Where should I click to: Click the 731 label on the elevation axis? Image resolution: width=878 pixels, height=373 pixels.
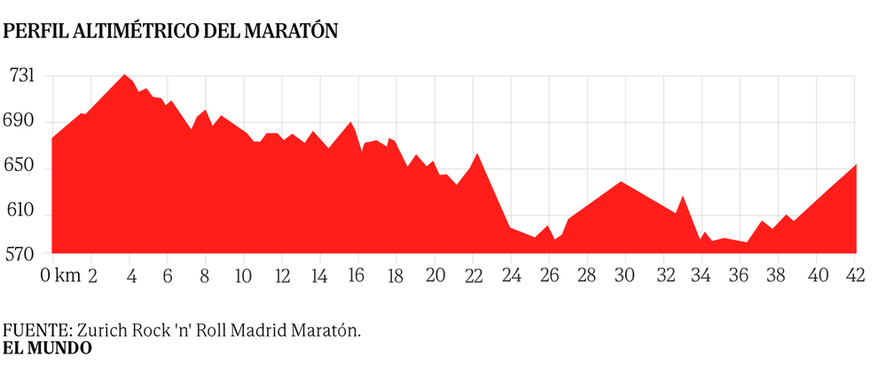tap(21, 76)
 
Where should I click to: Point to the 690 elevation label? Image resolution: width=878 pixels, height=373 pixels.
tap(21, 120)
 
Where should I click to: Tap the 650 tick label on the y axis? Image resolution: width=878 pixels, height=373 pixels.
tap(21, 167)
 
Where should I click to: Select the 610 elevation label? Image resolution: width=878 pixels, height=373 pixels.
tap(21, 213)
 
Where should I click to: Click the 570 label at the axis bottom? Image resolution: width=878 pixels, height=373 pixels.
tap(21, 253)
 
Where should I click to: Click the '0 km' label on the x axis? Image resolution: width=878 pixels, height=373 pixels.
tap(60, 276)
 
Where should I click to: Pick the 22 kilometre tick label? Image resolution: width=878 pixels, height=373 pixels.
tap(473, 276)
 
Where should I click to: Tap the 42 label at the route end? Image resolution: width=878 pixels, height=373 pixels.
tap(856, 276)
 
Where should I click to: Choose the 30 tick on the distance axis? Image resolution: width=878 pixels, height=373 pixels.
tap(625, 276)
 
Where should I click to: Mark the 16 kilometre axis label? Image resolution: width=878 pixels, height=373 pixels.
tap(357, 276)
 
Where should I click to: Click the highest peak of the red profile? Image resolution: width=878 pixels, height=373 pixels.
tap(125, 75)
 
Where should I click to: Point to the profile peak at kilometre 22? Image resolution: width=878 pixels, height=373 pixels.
tap(477, 155)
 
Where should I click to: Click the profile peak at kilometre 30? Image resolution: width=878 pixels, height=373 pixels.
tap(621, 183)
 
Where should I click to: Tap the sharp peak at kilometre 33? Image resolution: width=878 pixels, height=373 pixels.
tap(682, 197)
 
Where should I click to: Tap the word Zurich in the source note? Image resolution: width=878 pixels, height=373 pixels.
tap(89, 330)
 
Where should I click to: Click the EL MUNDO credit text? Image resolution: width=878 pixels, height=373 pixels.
tap(47, 348)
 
